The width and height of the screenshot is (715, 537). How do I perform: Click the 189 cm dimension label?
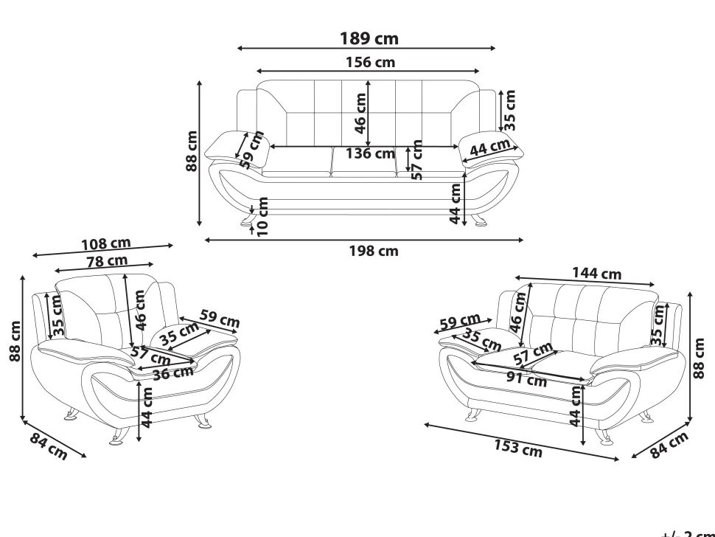point(369,38)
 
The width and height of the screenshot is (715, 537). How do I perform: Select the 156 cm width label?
point(370,62)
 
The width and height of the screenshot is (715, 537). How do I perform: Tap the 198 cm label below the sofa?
point(374,251)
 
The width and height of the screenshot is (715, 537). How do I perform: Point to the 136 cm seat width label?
point(370,153)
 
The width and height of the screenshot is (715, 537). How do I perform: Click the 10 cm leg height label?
point(262,217)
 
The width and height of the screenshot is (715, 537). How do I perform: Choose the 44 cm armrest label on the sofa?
point(489,147)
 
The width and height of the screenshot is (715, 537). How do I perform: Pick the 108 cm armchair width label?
point(106,244)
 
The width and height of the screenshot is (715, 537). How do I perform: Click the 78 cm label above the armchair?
point(107,261)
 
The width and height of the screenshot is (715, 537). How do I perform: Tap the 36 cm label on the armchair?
point(172,374)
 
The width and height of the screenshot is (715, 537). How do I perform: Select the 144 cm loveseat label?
point(596,273)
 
